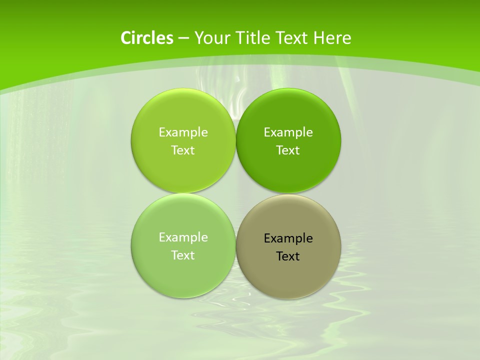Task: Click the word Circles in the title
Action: click(x=146, y=38)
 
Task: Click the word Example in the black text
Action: click(x=288, y=238)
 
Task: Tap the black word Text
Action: click(x=288, y=256)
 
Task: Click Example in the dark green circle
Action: click(x=288, y=132)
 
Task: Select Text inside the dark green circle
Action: click(x=288, y=150)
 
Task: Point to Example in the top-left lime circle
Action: click(x=183, y=132)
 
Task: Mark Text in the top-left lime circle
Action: click(x=183, y=150)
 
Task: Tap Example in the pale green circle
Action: click(x=183, y=237)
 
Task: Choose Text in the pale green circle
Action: click(x=183, y=255)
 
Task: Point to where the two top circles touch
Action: click(x=236, y=140)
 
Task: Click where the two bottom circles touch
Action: click(x=236, y=245)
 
